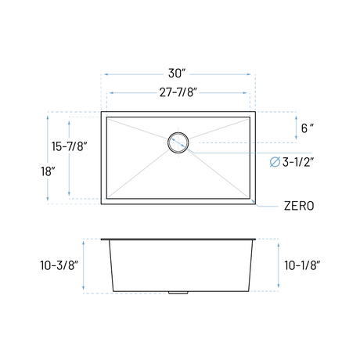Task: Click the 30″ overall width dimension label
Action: tap(177, 74)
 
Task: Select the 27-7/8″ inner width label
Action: tap(178, 92)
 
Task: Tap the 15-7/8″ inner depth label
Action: tap(69, 146)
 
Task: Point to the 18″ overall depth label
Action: tap(48, 171)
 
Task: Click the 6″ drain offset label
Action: tap(308, 128)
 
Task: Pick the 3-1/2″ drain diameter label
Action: tap(298, 162)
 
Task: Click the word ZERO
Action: tap(299, 206)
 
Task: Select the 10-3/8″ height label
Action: tap(59, 265)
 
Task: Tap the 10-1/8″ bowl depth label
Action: tap(302, 265)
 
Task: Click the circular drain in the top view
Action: tap(178, 133)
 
